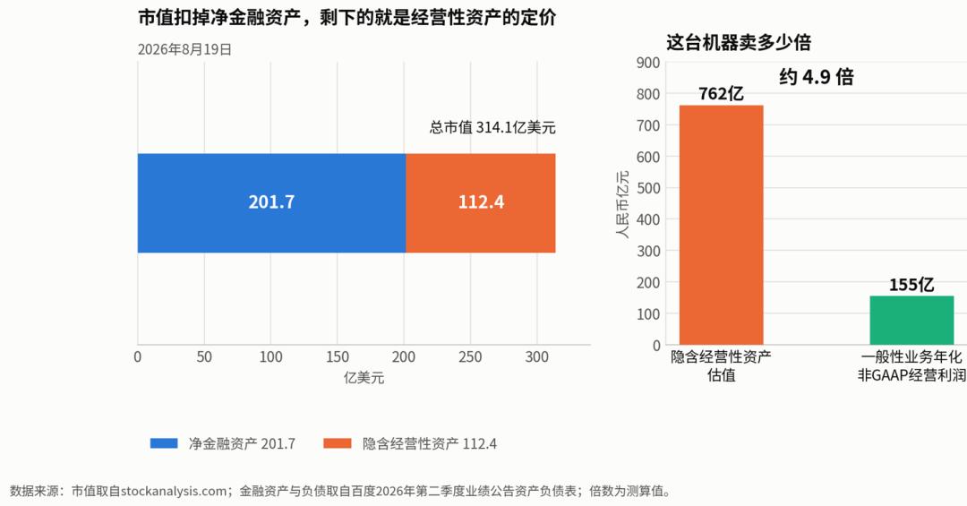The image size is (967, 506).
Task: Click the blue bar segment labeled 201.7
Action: (271, 203)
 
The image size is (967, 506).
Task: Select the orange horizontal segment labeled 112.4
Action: (481, 203)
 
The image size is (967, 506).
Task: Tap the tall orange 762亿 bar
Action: (721, 225)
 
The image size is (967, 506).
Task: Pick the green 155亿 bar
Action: (911, 321)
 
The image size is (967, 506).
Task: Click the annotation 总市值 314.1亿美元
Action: (492, 128)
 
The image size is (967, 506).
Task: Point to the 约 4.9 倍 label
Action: (817, 77)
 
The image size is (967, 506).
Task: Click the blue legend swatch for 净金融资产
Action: (164, 443)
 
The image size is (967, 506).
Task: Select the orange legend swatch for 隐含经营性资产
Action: (338, 443)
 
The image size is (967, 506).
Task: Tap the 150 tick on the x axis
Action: (338, 356)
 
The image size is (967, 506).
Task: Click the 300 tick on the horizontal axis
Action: (536, 356)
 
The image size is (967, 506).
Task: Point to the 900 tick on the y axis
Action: (648, 63)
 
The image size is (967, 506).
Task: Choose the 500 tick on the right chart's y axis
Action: (648, 188)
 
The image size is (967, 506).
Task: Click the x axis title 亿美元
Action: (364, 378)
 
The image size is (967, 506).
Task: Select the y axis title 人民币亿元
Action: (623, 204)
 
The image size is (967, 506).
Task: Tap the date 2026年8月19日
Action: (185, 49)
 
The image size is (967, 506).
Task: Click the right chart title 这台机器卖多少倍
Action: (739, 42)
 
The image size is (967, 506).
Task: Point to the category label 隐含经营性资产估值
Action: (721, 366)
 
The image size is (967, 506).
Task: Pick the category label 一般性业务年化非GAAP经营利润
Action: (911, 366)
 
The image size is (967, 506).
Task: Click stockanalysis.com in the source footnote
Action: (174, 491)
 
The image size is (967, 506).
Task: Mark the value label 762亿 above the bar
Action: (721, 94)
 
